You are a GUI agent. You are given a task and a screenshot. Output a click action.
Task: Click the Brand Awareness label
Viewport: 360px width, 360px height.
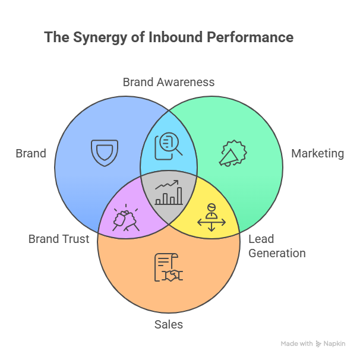tap(168, 82)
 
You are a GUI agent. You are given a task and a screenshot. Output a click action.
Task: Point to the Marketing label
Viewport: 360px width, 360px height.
tap(317, 154)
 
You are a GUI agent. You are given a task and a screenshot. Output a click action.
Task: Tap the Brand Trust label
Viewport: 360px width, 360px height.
tap(59, 239)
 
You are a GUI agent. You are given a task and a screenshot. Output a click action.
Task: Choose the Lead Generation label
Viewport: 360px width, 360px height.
tap(276, 246)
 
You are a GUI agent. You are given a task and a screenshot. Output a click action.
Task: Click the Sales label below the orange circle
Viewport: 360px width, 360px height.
tap(169, 324)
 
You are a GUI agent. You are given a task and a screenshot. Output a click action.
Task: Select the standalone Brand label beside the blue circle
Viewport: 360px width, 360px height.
tap(31, 154)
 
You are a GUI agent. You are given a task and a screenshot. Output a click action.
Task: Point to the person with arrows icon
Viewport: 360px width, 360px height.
tap(211, 217)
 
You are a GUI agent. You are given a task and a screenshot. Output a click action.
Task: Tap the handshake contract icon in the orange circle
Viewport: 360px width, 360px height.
tap(168, 267)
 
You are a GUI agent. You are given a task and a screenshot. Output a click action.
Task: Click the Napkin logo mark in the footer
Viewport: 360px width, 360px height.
tap(319, 344)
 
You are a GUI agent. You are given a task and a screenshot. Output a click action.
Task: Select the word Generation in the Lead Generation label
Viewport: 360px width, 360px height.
tap(277, 253)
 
